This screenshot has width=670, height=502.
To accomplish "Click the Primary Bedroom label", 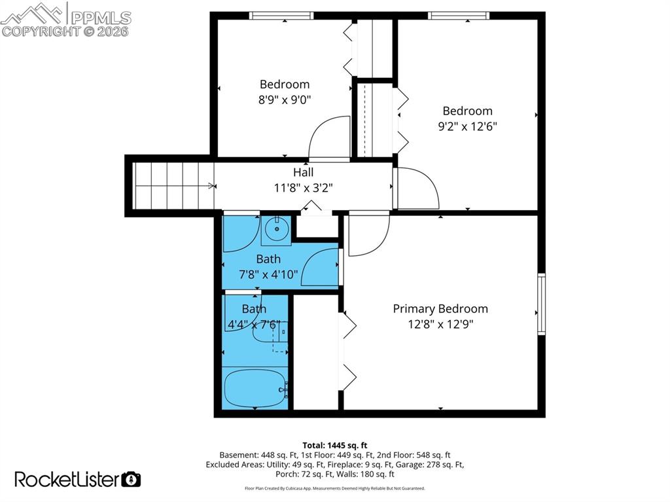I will pos(440,309).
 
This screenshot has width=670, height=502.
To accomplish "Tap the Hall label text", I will pos(303,172).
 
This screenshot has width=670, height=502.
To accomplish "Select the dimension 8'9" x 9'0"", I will pos(284,99).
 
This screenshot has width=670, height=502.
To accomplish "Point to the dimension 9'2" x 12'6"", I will pos(467,126).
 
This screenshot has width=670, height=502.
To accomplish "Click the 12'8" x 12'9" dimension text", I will pos(440,324).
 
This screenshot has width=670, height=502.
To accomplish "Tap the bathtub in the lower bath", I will pos(255,388).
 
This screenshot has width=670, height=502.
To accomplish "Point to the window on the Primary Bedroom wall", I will pos(541,304).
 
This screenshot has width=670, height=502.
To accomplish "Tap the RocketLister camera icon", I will pos(132,479).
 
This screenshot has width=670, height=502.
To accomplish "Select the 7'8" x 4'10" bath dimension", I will pos(268,274).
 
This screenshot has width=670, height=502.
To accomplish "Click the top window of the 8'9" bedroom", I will pos(282,16).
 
